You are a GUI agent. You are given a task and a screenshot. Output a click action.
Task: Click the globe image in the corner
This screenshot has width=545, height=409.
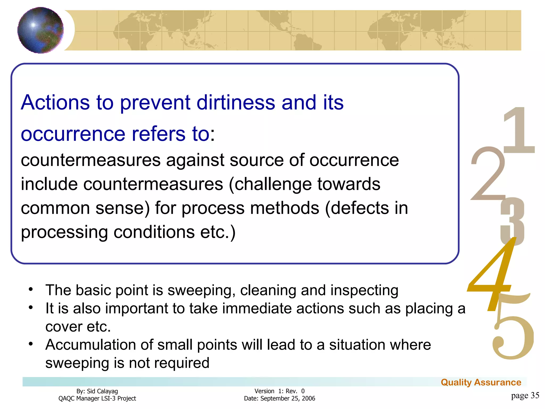[40, 30]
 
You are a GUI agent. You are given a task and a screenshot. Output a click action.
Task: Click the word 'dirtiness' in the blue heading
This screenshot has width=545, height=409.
[236, 103]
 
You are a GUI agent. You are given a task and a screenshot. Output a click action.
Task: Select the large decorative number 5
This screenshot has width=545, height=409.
[512, 336]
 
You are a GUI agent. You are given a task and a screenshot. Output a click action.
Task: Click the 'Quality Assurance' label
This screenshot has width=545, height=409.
[481, 382]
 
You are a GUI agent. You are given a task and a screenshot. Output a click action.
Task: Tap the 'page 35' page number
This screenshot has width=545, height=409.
[525, 395]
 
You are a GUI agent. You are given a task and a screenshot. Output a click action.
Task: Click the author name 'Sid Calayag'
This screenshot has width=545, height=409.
[102, 391]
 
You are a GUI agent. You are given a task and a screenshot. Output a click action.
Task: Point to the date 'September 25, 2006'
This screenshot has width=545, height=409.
[288, 398]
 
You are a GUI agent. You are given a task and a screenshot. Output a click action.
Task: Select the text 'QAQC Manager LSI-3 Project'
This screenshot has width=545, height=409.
[97, 398]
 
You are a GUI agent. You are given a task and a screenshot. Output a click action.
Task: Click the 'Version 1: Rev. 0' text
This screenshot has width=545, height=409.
[279, 391]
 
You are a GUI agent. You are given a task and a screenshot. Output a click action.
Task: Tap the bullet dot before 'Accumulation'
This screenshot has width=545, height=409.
[31, 344]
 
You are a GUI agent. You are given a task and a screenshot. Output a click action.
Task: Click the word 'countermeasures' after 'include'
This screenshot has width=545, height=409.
[153, 184]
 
